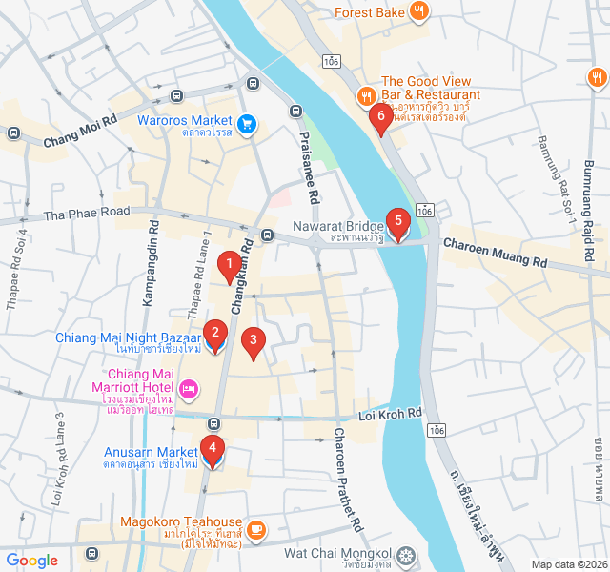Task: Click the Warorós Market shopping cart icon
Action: pos(247,122)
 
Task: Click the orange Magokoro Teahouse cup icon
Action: pos(255,528)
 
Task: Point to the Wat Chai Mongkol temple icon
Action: pos(407,554)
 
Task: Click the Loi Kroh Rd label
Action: pos(391,414)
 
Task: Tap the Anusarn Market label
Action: pos(151,451)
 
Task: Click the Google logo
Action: pos(32,561)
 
